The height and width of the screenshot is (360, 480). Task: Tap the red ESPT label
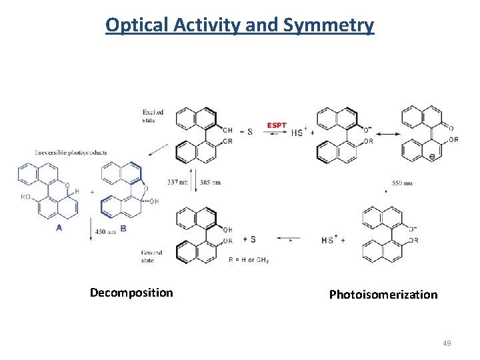coord(277,125)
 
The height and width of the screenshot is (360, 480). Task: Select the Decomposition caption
coord(131,293)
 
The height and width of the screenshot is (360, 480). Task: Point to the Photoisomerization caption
coord(383,294)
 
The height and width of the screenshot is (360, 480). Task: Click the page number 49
coord(447,343)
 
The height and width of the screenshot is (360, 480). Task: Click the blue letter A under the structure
coord(59,227)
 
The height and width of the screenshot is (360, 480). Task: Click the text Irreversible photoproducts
coord(71,153)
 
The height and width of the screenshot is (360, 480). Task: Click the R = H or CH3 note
coord(249,259)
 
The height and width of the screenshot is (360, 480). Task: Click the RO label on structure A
coord(26,197)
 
